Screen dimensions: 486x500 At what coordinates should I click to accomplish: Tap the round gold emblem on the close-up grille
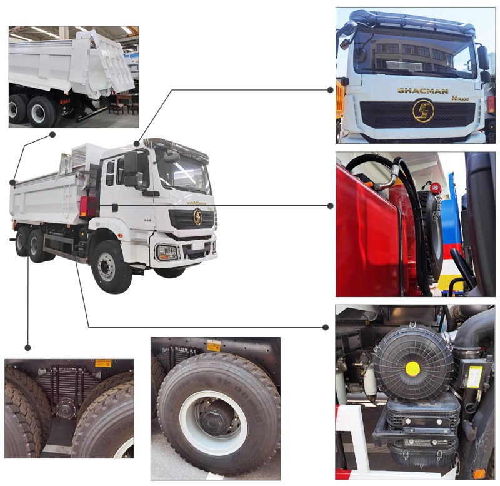422,111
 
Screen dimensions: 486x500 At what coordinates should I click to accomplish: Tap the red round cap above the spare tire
436,188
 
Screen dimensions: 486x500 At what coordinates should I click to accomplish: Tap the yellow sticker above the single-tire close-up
214,346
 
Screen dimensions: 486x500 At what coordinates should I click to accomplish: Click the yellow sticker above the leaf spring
103,363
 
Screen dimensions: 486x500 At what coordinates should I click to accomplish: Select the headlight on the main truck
167,251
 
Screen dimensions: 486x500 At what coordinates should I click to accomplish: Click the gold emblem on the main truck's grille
197,216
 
